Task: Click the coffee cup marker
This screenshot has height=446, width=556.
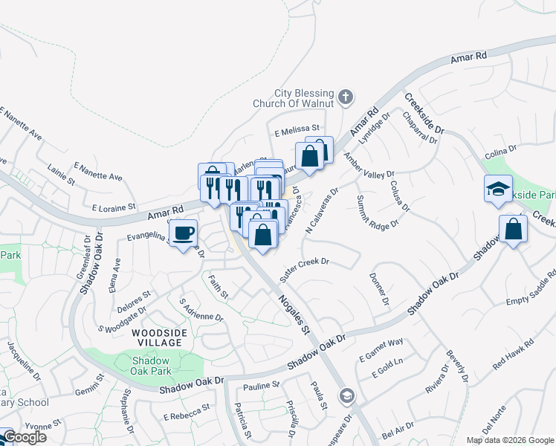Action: [x=183, y=233]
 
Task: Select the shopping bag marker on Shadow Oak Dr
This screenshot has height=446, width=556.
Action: [x=513, y=230]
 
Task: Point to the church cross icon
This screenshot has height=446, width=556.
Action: [x=345, y=97]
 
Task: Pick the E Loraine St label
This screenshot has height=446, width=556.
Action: [x=111, y=207]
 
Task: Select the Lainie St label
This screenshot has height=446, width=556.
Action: [x=61, y=176]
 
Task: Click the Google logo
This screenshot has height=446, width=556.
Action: [x=24, y=437]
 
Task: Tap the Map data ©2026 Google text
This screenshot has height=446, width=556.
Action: [x=509, y=440]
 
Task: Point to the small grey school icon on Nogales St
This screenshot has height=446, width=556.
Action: [x=345, y=395]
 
